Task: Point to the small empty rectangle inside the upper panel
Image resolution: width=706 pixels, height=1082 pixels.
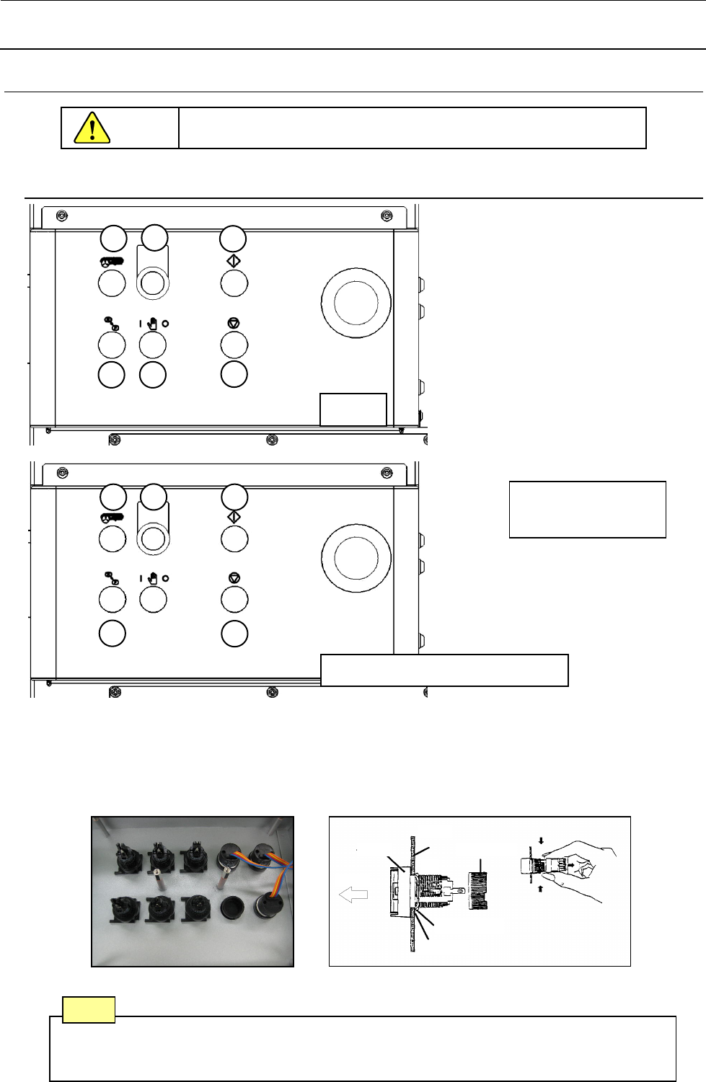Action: (x=353, y=409)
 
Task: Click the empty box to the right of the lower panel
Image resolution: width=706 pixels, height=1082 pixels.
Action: (x=587, y=509)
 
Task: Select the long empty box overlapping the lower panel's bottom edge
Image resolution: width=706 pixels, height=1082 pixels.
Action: (x=444, y=670)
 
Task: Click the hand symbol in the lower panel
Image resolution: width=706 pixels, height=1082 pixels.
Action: (x=153, y=578)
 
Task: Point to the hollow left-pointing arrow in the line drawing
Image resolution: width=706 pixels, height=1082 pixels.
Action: (x=353, y=895)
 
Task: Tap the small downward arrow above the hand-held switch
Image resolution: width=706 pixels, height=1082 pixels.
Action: (x=541, y=840)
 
